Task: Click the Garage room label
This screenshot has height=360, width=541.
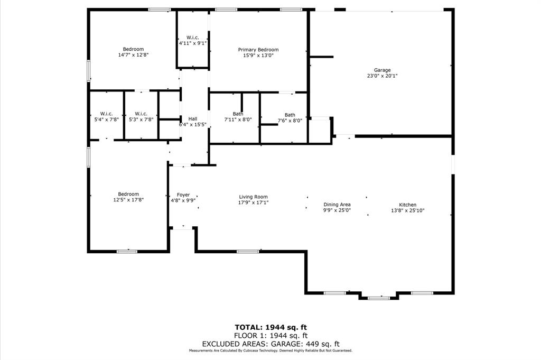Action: click(382, 70)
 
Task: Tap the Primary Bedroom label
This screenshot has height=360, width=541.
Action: click(258, 50)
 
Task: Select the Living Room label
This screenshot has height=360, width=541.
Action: click(253, 197)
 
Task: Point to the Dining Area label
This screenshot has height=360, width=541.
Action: click(337, 205)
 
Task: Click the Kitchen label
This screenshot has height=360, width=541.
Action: click(407, 205)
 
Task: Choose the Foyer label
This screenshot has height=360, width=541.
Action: click(183, 195)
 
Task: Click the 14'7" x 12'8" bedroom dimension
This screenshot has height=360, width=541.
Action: click(133, 54)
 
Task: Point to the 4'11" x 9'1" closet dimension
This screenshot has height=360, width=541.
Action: click(192, 43)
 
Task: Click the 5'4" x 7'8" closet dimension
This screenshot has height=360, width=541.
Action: click(106, 119)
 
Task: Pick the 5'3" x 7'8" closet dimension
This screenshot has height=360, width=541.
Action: click(141, 119)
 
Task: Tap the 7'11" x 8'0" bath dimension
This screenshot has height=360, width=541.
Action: click(238, 119)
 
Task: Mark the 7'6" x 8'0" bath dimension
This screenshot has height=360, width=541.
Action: click(290, 121)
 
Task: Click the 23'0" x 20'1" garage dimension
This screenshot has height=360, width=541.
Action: click(382, 76)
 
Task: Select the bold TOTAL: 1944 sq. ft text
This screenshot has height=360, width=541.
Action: click(270, 327)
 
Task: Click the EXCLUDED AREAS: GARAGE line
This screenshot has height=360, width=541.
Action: click(270, 344)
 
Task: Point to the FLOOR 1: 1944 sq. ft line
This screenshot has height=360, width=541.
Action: click(270, 336)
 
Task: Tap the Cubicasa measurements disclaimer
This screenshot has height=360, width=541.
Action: click(270, 350)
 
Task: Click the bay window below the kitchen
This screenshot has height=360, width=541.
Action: click(378, 298)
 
